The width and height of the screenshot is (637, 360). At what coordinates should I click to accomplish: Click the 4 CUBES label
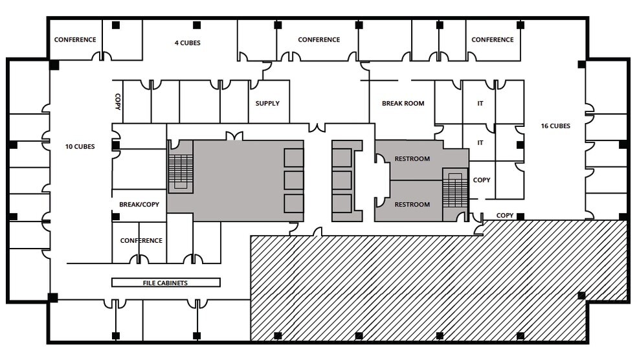coord(187,43)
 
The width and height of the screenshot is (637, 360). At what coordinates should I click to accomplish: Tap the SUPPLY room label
coord(267,104)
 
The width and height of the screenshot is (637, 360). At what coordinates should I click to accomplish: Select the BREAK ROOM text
coord(403,104)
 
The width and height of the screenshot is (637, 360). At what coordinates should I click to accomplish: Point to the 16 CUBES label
coord(555,126)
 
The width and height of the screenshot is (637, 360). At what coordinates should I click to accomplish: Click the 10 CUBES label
coord(80,147)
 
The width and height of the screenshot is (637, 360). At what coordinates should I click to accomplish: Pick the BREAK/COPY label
coord(139,205)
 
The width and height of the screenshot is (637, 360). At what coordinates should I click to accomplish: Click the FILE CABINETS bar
coord(166,283)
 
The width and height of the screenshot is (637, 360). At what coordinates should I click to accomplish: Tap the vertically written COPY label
coord(118,102)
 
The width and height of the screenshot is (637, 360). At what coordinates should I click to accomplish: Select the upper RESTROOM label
coord(412,159)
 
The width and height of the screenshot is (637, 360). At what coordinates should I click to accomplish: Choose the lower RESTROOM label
coord(412,205)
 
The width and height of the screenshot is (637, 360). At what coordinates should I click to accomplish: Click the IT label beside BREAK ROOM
coord(480,104)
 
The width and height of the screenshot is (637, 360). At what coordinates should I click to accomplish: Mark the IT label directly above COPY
coord(480,143)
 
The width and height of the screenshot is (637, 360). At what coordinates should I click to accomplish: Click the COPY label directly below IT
coord(482,180)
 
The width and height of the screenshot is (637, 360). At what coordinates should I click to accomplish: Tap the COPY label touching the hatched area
coord(505,216)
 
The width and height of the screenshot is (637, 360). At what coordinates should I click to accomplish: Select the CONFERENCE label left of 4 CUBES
coord(75,39)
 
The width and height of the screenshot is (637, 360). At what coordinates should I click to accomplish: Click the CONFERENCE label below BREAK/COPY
coord(141,241)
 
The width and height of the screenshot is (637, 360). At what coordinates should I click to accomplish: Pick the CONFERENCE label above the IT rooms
coord(492,39)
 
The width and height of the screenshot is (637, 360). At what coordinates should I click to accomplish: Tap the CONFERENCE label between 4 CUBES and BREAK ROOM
coord(318,39)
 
